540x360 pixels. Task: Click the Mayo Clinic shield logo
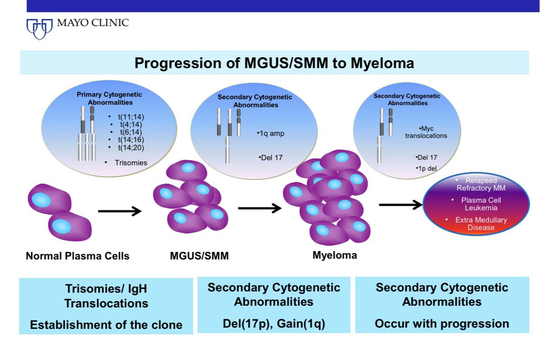(40, 28)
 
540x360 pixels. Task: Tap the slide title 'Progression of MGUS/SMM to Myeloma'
(274, 63)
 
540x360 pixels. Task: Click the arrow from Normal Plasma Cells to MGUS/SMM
(119, 210)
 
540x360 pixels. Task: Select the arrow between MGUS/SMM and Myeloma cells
(260, 208)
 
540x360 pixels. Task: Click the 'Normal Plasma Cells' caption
(77, 256)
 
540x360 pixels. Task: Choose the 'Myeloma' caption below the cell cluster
(334, 256)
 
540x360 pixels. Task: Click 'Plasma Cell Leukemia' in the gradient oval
(481, 203)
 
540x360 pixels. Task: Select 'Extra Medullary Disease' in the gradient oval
(481, 224)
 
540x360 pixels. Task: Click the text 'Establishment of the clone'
(106, 325)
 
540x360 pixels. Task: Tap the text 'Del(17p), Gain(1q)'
(274, 323)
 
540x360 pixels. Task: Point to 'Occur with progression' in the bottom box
(442, 324)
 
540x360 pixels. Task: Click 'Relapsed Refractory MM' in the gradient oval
(481, 184)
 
